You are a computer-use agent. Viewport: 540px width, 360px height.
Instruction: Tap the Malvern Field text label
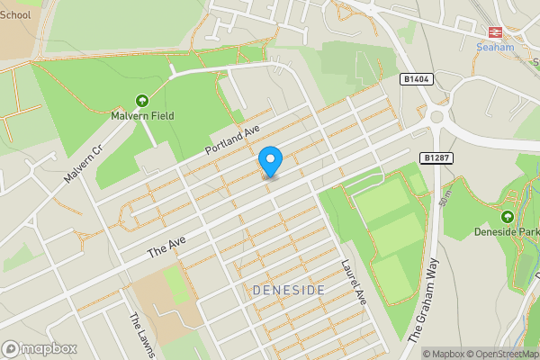pyautogui.click(x=143, y=116)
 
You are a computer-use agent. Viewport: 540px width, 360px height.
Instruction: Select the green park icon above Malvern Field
pyautogui.click(x=142, y=101)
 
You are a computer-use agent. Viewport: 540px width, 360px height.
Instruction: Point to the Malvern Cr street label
pyautogui.click(x=85, y=163)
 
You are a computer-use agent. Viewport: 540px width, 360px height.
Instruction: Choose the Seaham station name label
pyautogui.click(x=495, y=46)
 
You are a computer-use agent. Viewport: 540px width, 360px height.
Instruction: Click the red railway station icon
pyautogui.click(x=495, y=30)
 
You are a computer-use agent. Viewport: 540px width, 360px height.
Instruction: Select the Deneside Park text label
pyautogui.click(x=507, y=231)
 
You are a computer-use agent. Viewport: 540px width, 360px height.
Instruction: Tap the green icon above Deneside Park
pyautogui.click(x=507, y=216)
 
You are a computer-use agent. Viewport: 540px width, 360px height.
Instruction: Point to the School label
pyautogui.click(x=15, y=14)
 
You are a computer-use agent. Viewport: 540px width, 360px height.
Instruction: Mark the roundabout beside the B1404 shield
pyautogui.click(x=442, y=114)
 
